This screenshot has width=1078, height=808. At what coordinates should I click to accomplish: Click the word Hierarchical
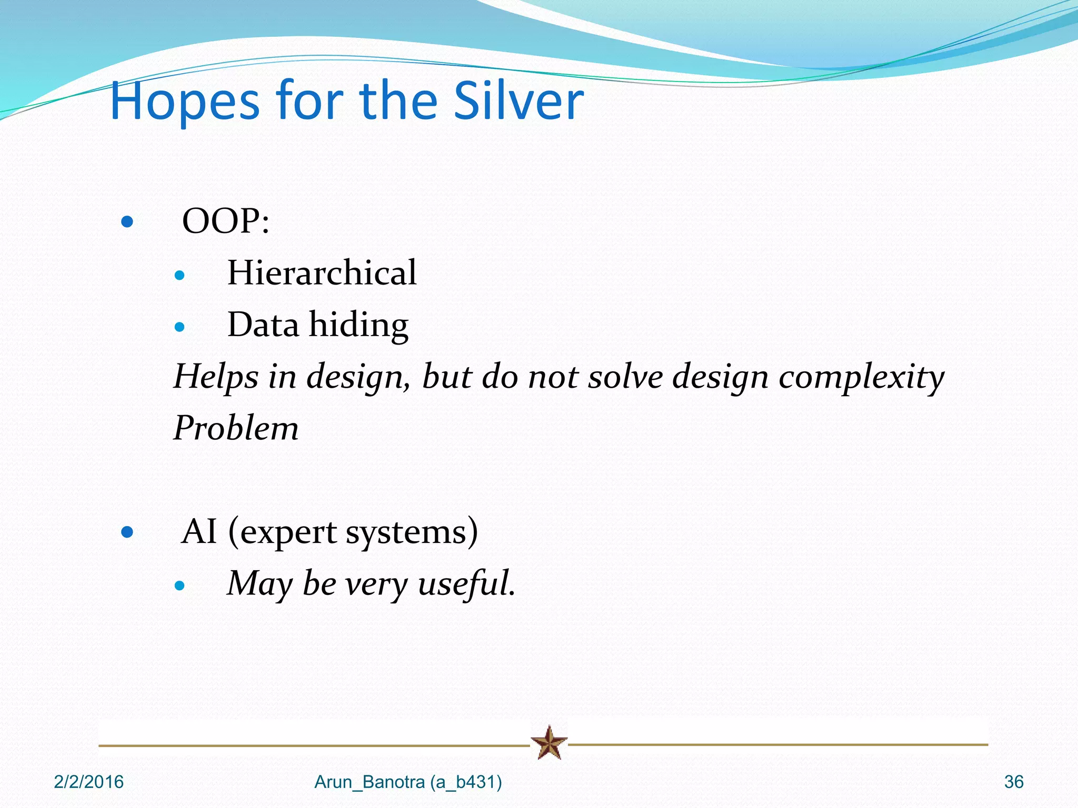(x=322, y=272)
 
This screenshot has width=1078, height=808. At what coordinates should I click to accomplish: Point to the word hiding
(x=358, y=325)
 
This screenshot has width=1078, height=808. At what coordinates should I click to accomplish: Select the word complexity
(x=861, y=377)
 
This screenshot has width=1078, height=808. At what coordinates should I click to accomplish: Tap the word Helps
(x=216, y=377)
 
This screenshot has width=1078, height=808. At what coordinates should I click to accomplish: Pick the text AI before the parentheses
(x=199, y=531)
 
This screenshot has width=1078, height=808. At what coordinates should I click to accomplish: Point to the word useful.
(x=466, y=584)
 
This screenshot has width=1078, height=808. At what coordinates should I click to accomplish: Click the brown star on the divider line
(x=549, y=743)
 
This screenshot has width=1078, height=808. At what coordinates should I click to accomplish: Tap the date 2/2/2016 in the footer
(x=88, y=782)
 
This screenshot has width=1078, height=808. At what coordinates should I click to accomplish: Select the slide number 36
(x=1013, y=782)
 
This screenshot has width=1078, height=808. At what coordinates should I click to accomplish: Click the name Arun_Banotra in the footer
(x=370, y=782)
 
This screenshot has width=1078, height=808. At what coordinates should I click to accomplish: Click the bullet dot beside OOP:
(x=127, y=221)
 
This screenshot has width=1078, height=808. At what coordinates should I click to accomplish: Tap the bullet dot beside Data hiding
(x=179, y=327)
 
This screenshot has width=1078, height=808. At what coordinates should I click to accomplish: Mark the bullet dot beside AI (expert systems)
(x=127, y=532)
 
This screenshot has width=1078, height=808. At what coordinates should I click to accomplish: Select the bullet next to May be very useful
(x=179, y=585)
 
